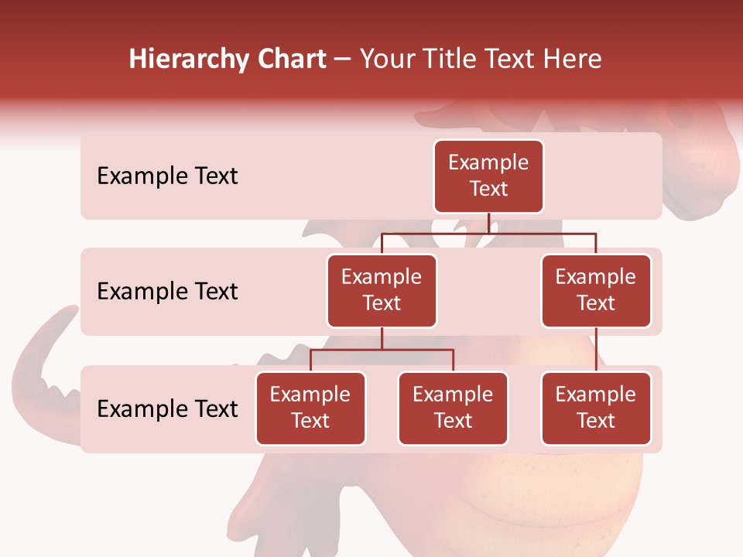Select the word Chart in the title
291,60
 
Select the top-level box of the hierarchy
488,176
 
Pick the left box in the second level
382,290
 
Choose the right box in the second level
596,290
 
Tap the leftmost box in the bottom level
310,408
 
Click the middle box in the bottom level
453,408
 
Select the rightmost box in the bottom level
596,408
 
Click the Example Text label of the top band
167,176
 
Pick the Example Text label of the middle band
167,292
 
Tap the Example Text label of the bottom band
167,408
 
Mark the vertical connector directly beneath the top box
488,223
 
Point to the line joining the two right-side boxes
596,350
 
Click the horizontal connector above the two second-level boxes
488,233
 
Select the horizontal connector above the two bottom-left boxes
382,350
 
